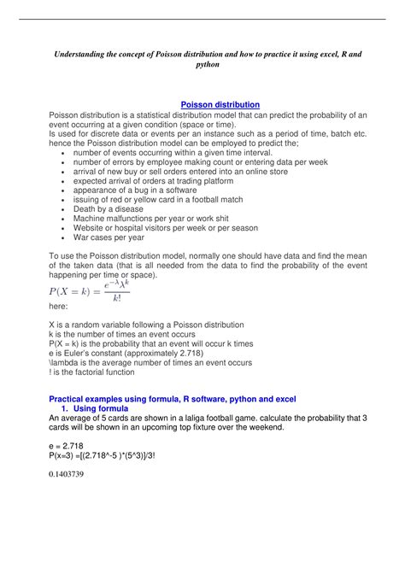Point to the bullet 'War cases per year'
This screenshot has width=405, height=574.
click(109, 237)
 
